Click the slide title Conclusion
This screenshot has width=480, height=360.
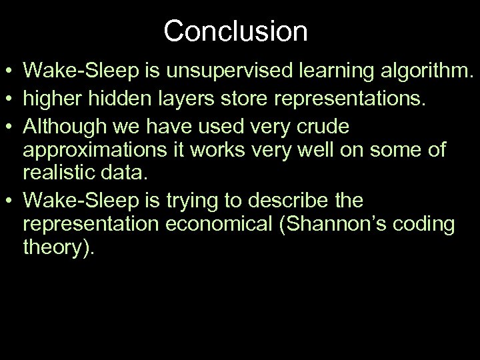235,31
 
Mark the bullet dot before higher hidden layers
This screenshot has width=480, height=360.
10,99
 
